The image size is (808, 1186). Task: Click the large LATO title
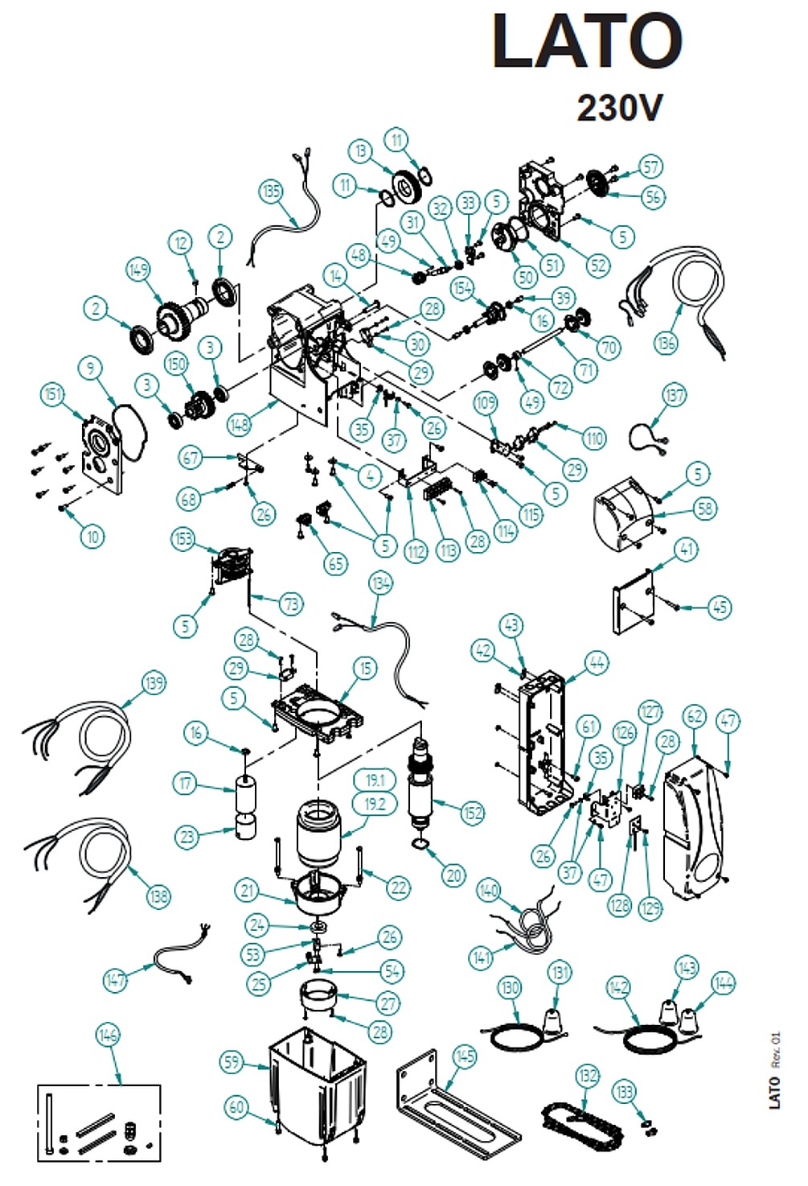pos(587,42)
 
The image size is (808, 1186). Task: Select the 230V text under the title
pos(620,107)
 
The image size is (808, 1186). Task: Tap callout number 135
pos(272,191)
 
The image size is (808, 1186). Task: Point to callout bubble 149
pos(138,269)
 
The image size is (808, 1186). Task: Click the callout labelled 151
pos(53,393)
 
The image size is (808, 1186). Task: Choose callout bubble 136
pos(666,343)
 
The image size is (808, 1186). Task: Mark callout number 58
pos(705,508)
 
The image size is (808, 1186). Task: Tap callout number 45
pos(720,607)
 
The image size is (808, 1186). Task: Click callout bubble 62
pos(695,716)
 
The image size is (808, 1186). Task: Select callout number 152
pos(473,813)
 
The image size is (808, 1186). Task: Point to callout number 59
pos(232,1062)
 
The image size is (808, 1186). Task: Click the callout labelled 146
pos(108,1035)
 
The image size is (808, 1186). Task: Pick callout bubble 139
pos(154,683)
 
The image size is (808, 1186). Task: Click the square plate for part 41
pos(635,598)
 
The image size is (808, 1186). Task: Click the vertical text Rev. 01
pos(775,1049)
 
